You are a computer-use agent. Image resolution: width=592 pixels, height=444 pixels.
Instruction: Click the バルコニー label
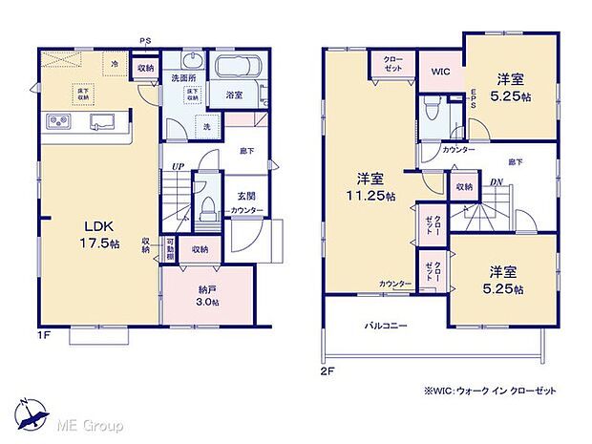[386, 326]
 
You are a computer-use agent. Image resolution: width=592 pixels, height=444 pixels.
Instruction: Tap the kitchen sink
[101, 121]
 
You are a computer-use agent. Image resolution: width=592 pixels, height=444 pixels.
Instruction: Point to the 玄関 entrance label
[244, 196]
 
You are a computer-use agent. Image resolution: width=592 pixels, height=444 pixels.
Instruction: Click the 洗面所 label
[184, 76]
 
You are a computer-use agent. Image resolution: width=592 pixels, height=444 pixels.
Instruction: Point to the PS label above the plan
[145, 40]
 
